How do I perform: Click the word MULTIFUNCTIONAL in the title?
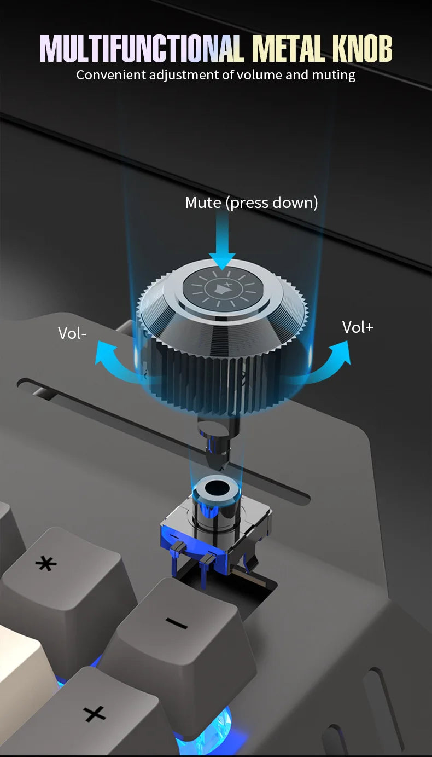(x=142, y=49)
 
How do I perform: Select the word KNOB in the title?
(x=362, y=49)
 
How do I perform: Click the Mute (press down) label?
(x=252, y=203)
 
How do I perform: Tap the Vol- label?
(x=72, y=333)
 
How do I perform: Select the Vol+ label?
(x=358, y=327)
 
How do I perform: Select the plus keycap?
(x=98, y=713)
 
